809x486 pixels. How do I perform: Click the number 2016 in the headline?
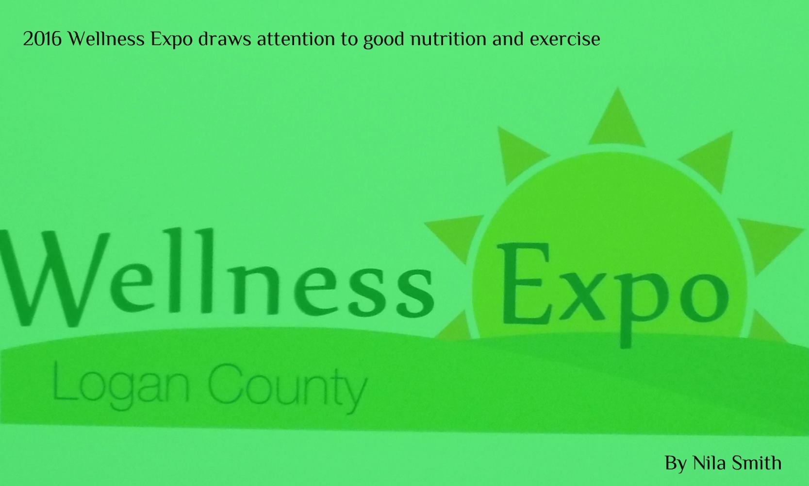[x=42, y=39]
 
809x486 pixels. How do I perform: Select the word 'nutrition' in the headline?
[x=448, y=39]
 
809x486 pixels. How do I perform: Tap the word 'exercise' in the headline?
[x=565, y=39]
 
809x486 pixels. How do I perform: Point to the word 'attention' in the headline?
[x=296, y=39]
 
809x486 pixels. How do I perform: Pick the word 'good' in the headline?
[x=383, y=40]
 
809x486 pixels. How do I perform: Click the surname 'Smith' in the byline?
[x=754, y=463]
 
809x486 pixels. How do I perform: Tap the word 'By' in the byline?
[x=676, y=464]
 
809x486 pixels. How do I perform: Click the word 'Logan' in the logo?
[x=121, y=387]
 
